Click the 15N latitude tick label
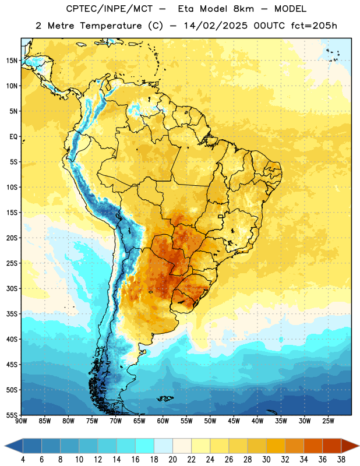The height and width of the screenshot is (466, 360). (x=12, y=61)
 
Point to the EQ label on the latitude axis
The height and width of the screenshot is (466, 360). (x=13, y=137)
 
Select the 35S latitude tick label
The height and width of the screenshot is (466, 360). (x=12, y=314)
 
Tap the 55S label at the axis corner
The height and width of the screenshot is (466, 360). (x=12, y=415)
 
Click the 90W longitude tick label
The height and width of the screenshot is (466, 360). (x=21, y=421)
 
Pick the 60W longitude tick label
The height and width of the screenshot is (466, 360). (x=163, y=421)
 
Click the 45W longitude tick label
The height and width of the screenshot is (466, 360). (x=234, y=421)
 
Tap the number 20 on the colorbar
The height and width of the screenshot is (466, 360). (x=172, y=460)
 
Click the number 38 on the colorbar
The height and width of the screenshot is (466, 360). (x=341, y=460)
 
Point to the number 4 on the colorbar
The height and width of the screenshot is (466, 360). (x=23, y=460)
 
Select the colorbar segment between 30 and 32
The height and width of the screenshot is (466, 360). (x=276, y=446)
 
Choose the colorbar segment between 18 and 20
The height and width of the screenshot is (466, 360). (x=163, y=446)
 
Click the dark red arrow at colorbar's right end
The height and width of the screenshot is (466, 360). (x=350, y=446)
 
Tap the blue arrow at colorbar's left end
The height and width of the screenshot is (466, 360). (x=13, y=446)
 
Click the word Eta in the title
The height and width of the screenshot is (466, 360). (x=185, y=9)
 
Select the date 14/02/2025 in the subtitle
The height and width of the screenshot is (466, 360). (x=216, y=26)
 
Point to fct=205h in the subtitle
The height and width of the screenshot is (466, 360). (x=314, y=26)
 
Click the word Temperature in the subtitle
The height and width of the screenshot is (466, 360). (x=111, y=26)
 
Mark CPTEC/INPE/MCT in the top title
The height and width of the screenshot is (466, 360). (x=109, y=9)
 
